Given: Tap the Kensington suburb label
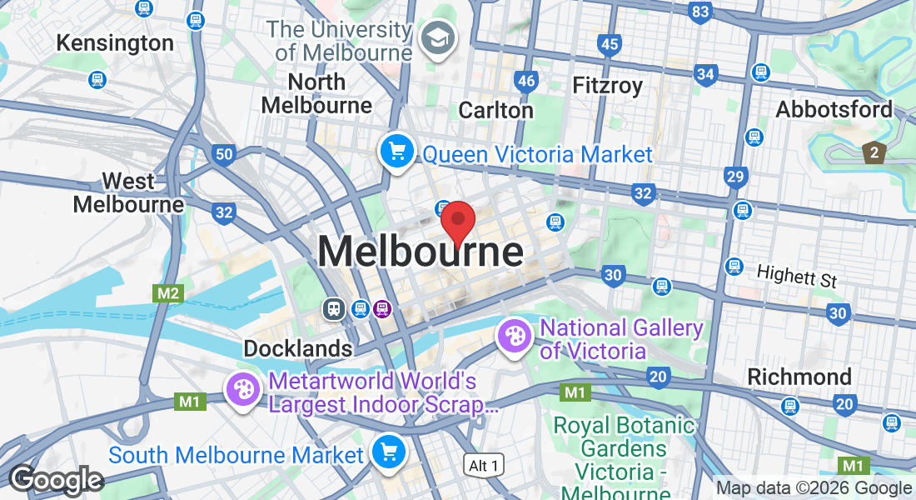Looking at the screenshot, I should tap(115, 42).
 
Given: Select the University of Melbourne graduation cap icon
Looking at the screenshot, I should tap(435, 38).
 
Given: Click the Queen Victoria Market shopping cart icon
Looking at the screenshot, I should tap(397, 152).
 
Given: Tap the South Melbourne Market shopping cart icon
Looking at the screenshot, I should tap(388, 452).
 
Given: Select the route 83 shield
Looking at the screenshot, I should tap(700, 12).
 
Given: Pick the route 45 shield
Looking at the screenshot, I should tap(610, 44).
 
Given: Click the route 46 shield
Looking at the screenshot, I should tap(525, 81).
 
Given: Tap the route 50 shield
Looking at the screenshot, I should tap(222, 153).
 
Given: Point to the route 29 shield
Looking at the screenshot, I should tap(734, 176).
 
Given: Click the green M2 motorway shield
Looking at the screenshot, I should tap(167, 292).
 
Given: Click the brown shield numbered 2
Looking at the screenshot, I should tap(874, 152).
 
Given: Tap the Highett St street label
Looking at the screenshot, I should tap(796, 275).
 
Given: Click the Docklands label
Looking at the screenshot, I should tap(297, 348).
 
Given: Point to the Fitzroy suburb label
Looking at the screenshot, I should tap(608, 85).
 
